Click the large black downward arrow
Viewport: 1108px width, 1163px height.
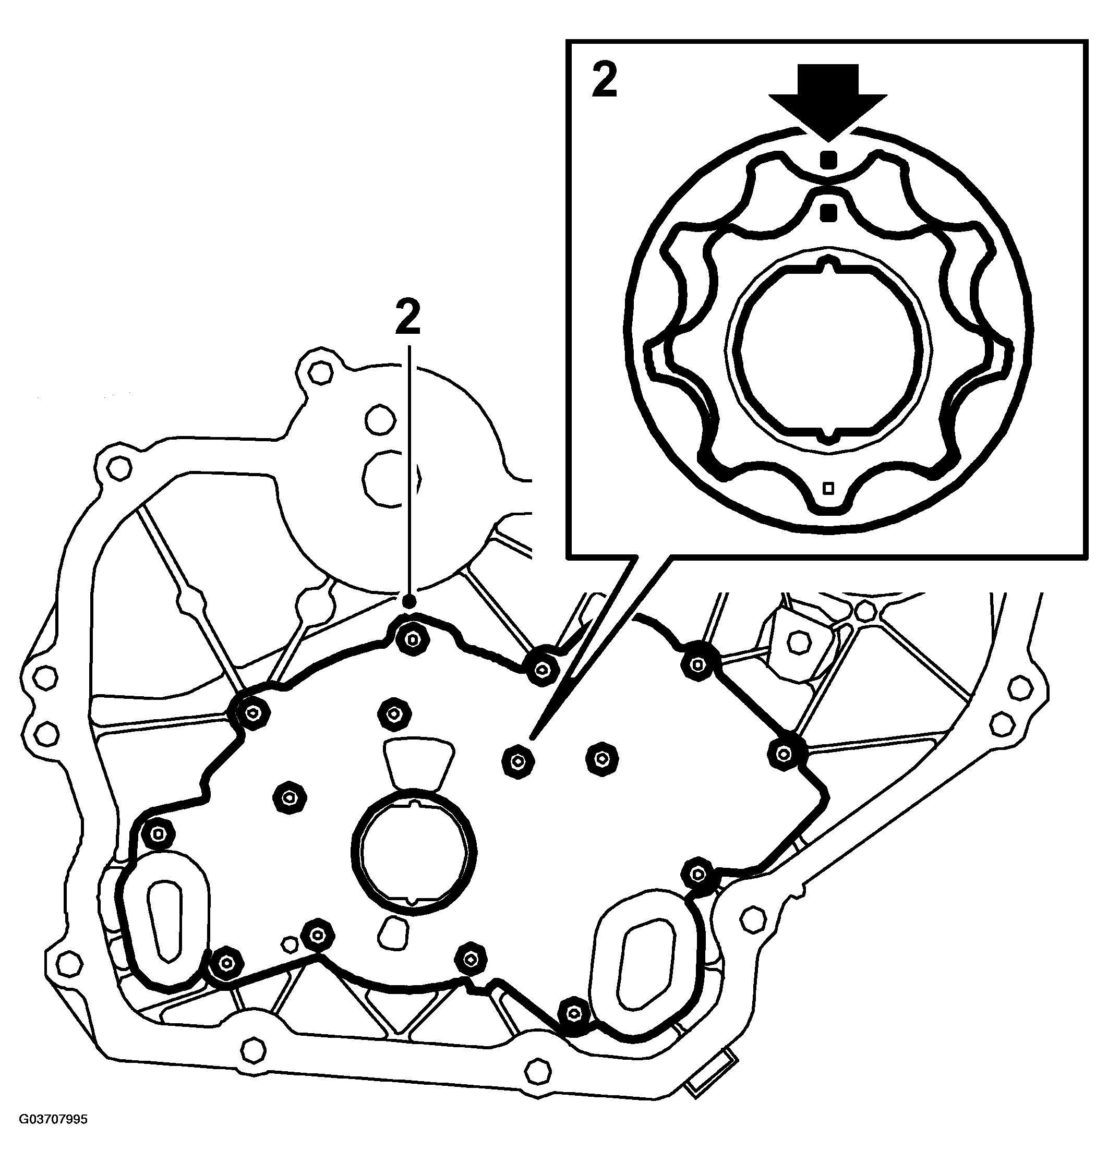[x=827, y=100]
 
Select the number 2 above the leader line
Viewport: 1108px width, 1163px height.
[x=407, y=317]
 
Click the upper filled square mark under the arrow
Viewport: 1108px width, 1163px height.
[x=828, y=159]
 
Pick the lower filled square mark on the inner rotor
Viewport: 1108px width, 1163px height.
[x=828, y=212]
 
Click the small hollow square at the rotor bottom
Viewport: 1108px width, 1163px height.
[x=828, y=488]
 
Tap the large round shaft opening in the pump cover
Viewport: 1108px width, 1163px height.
[x=414, y=851]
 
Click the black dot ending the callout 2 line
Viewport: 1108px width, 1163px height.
[x=408, y=601]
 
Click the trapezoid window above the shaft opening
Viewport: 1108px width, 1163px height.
[x=418, y=762]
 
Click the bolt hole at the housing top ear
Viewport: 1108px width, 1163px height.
[x=320, y=372]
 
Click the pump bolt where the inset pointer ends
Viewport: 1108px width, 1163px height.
[x=517, y=762]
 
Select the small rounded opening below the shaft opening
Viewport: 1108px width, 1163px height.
[x=393, y=933]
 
